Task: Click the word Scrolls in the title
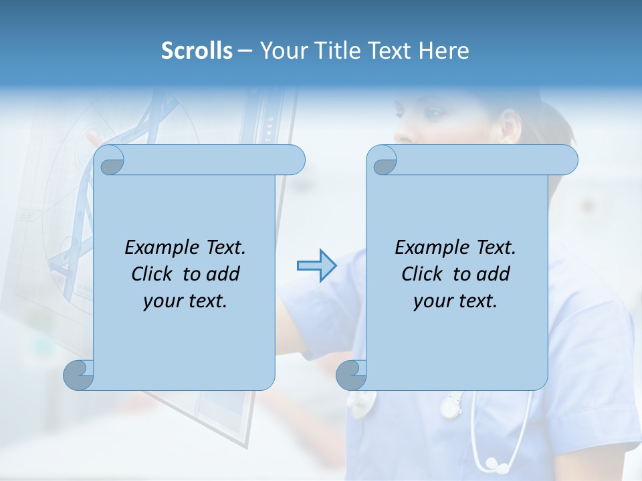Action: tap(197, 51)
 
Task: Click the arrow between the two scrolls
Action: tap(316, 266)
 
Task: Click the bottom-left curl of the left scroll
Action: tap(78, 375)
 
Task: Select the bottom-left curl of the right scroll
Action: tap(351, 375)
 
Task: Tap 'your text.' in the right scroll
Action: tap(455, 301)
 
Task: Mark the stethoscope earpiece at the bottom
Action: tap(494, 463)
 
